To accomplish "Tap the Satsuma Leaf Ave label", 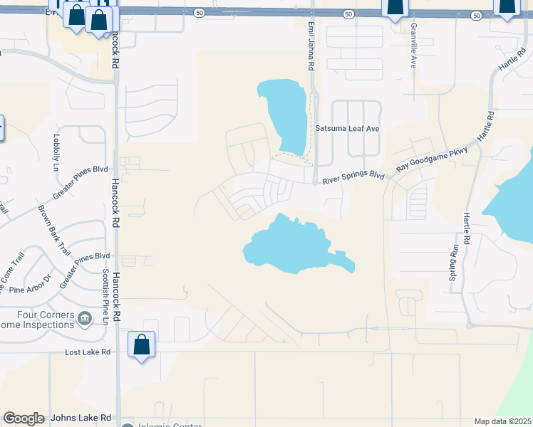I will click(x=348, y=129).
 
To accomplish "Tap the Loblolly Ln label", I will click(x=56, y=154).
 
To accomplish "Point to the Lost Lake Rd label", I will click(x=87, y=352).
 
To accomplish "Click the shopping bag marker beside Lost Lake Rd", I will click(x=142, y=345).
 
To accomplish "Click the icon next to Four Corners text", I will click(x=85, y=317).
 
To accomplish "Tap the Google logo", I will click(x=24, y=418).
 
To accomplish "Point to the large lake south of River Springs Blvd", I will click(x=292, y=246).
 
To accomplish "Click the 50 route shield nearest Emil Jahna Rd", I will click(x=347, y=14).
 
